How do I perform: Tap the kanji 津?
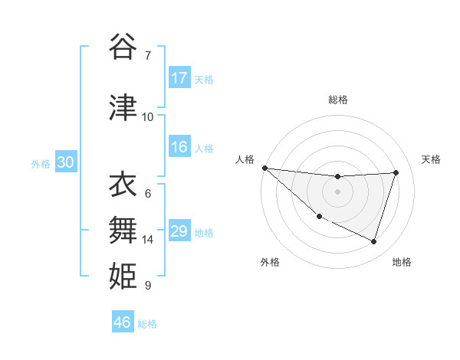[x=123, y=108]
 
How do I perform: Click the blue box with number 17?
[x=179, y=78]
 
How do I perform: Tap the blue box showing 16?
[x=179, y=147]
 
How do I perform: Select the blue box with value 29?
[x=179, y=231]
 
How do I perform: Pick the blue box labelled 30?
[x=65, y=162]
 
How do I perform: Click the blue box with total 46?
[x=123, y=322]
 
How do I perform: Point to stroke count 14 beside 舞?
[x=148, y=240]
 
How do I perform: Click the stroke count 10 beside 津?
[x=148, y=117]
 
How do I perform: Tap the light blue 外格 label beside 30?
[x=41, y=163]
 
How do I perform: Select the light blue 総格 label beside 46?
[x=147, y=323]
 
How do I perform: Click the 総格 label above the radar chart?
[x=337, y=100]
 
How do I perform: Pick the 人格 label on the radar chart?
[x=245, y=159]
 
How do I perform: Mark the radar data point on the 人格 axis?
[x=264, y=168]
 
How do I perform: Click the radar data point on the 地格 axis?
[x=373, y=241]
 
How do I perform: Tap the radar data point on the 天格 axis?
[x=396, y=172]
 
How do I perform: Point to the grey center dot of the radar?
[x=337, y=191]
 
